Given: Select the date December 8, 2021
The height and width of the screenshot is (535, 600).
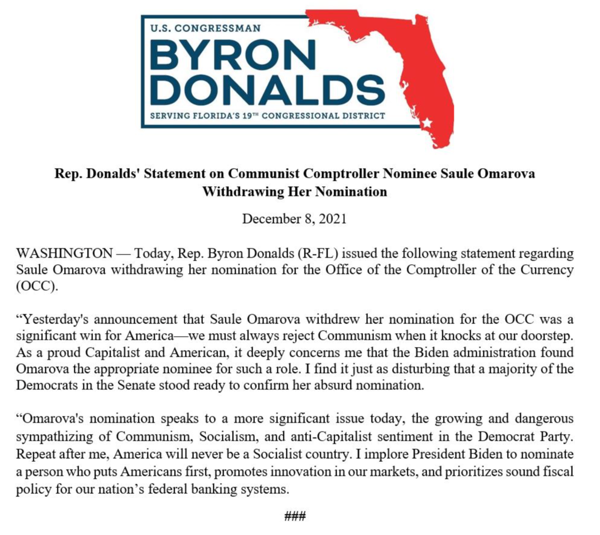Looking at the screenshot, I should [294, 219].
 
